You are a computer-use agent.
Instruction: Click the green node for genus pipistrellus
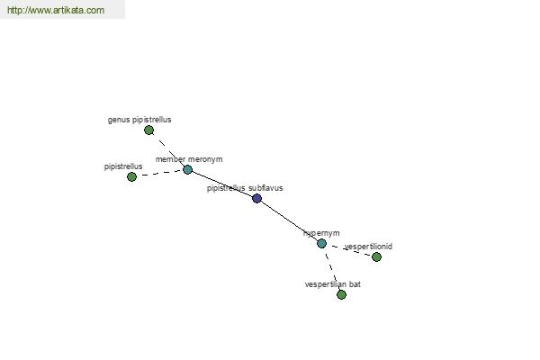148,130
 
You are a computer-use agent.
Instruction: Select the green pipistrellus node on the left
131,176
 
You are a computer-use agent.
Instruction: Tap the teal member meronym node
187,169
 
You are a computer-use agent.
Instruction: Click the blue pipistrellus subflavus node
256,198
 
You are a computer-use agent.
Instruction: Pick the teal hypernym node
321,244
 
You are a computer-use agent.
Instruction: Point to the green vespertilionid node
376,257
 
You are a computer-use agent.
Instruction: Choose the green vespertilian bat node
341,295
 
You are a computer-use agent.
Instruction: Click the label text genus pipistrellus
139,120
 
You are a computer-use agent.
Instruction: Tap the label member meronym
189,159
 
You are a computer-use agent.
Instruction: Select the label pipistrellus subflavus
245,188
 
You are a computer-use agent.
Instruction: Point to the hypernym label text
321,233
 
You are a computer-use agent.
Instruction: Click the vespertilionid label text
368,247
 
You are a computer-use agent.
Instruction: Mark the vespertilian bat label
333,284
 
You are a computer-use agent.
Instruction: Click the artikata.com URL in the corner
56,10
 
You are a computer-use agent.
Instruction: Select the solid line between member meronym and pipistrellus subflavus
222,184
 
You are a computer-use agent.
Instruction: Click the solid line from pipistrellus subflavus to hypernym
289,220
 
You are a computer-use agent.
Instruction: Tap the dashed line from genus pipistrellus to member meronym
168,150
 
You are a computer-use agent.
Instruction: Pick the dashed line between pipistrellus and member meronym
159,173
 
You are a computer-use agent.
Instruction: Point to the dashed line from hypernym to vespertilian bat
331,269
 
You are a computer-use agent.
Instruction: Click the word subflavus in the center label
266,188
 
